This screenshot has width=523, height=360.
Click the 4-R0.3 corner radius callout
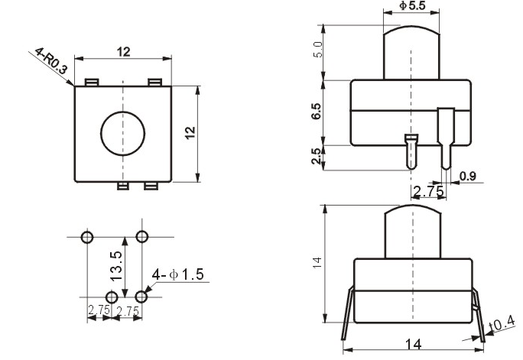[x=51, y=60]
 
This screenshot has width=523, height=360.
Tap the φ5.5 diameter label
[x=413, y=5]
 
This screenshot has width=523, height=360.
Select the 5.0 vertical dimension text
[x=319, y=50]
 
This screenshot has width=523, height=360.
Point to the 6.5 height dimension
[x=317, y=111]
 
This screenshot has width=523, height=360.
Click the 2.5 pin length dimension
[x=317, y=156]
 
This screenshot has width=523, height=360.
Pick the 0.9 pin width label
[x=468, y=176]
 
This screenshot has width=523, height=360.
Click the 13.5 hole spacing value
[x=115, y=266]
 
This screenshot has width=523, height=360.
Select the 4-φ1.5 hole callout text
[x=177, y=274]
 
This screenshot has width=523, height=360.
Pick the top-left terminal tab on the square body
[x=92, y=82]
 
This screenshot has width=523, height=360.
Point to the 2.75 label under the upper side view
[x=428, y=191]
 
